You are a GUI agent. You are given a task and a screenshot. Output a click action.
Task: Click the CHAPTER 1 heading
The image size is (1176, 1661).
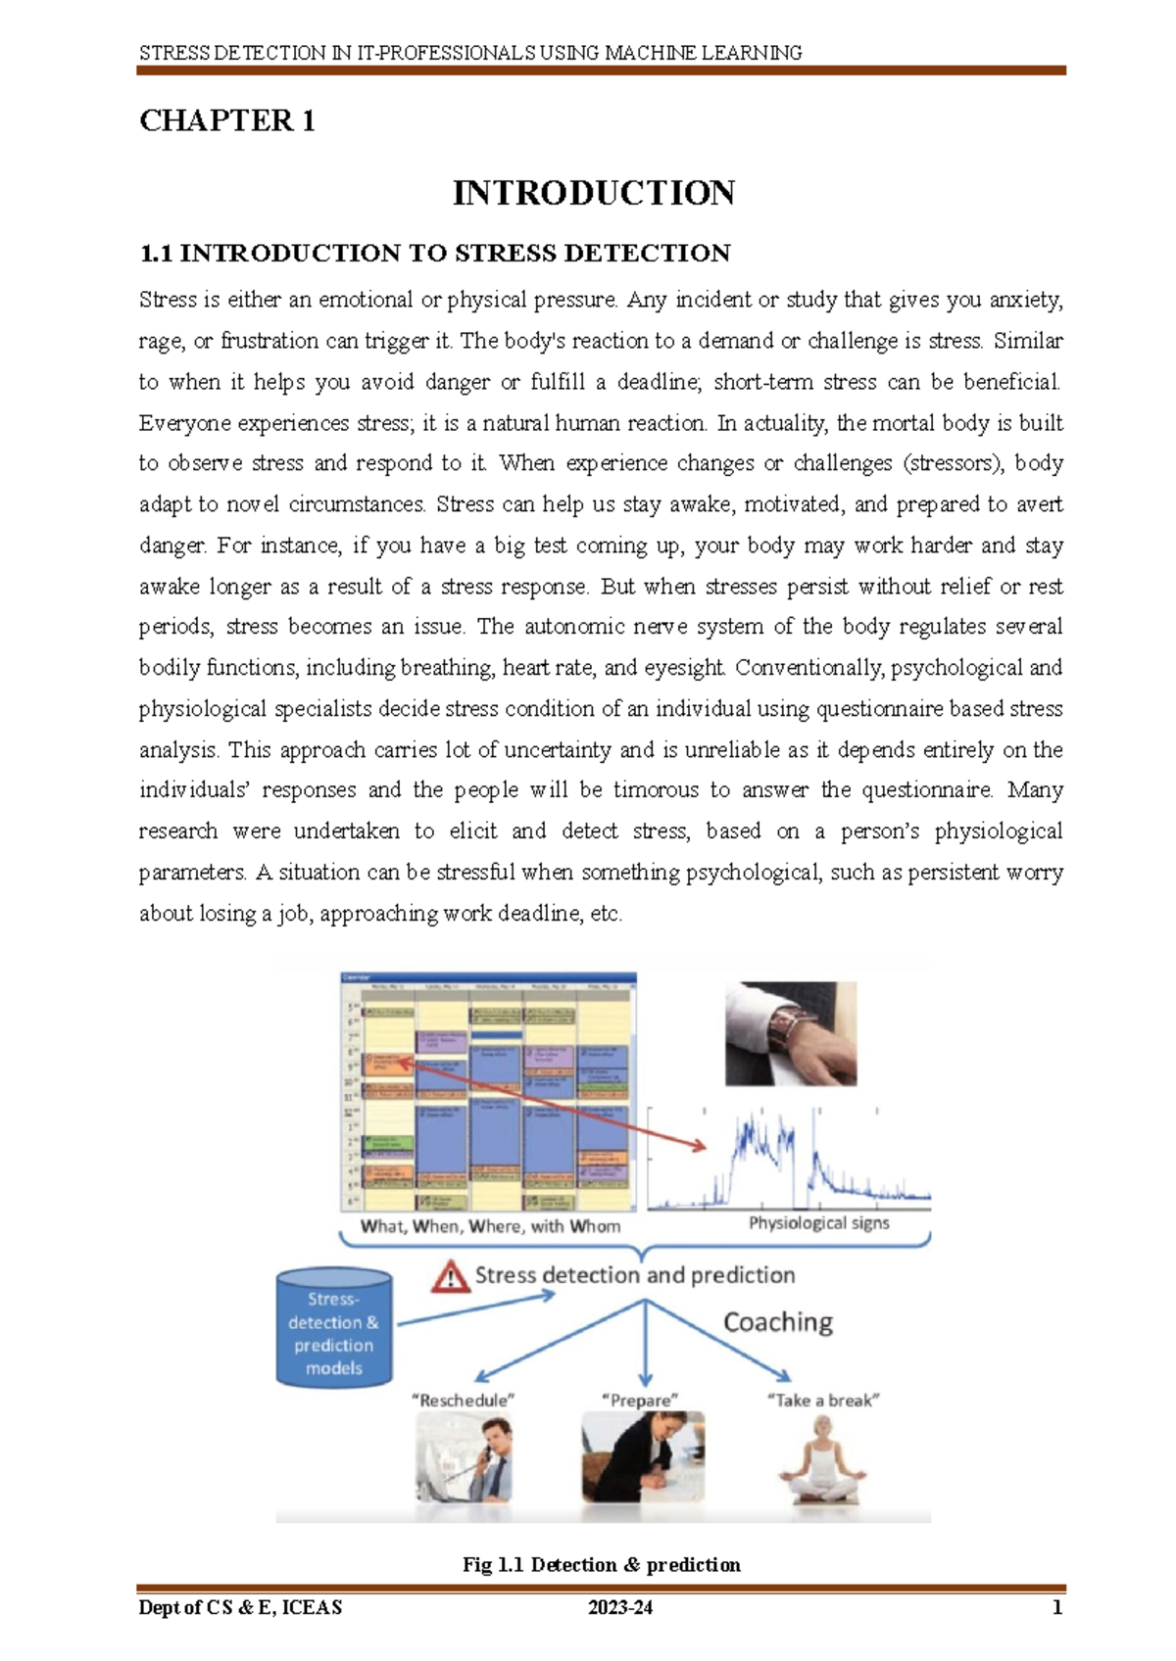pos(226,120)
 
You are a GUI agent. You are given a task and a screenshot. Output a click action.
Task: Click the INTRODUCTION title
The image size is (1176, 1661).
pos(593,193)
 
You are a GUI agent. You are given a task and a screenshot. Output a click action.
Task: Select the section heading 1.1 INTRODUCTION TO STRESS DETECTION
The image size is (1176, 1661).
pos(434,254)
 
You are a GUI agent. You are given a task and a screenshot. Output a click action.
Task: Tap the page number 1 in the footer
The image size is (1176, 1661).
pos(1056,1607)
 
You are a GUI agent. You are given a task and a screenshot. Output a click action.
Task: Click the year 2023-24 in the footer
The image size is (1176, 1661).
pos(619,1607)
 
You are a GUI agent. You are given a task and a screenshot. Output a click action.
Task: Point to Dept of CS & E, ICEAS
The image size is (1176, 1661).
pos(240,1607)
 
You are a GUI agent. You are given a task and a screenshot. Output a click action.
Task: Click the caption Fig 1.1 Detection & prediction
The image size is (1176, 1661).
pos(601,1564)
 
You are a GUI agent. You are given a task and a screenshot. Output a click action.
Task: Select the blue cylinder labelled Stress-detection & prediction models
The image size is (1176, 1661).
pos(333,1329)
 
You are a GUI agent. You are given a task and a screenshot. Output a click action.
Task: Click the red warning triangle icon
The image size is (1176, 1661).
pos(450,1276)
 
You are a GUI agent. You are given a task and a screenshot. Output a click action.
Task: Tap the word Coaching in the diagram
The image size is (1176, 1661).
pos(777,1322)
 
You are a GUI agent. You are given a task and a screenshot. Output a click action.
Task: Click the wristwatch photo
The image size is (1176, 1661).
pos(790,1033)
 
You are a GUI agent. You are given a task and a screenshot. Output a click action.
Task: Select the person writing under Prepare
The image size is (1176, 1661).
pos(642,1457)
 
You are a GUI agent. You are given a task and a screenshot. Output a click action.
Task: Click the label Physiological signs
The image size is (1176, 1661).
pos(818,1222)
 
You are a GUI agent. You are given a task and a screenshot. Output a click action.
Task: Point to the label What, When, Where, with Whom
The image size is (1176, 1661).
pos(490,1225)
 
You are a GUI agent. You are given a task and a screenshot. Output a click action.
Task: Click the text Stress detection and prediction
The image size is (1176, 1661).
pos(634,1275)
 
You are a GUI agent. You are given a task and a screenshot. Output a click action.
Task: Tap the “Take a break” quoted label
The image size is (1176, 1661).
pos(822,1400)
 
